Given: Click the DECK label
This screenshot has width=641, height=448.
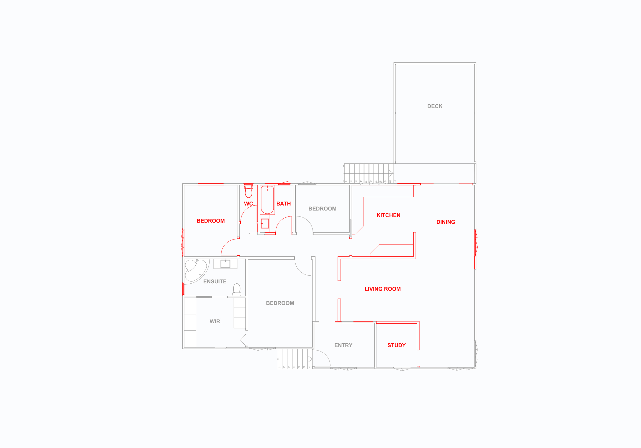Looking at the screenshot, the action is tap(435, 106).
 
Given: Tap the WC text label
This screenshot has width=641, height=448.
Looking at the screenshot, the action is tap(248, 204).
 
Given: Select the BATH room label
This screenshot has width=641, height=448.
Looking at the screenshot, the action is tap(283, 204).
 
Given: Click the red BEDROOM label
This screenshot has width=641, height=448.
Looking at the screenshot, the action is tap(211, 221).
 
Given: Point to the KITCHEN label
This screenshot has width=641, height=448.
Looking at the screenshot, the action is tap(388, 215).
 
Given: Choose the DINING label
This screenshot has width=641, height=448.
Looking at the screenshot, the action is tap(446, 222).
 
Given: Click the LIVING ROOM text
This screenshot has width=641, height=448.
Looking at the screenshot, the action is tap(383, 289).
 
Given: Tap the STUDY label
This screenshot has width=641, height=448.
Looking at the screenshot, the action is tap(396, 345).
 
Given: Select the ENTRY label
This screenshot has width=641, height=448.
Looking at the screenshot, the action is tap(343, 345).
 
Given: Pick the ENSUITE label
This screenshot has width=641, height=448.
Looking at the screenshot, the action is tap(215, 282).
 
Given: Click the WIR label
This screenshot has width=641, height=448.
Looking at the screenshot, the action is tap(215, 322).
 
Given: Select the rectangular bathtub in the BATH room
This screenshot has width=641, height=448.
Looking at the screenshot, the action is tap(267, 200).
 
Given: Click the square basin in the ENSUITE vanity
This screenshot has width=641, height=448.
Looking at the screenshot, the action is tap(225, 264).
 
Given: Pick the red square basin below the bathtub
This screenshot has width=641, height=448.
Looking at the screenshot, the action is tap(265, 223).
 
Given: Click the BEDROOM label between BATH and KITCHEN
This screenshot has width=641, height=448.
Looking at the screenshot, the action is tap(322, 209).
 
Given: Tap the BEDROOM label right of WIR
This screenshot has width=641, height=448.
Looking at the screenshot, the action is tap(280, 303).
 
